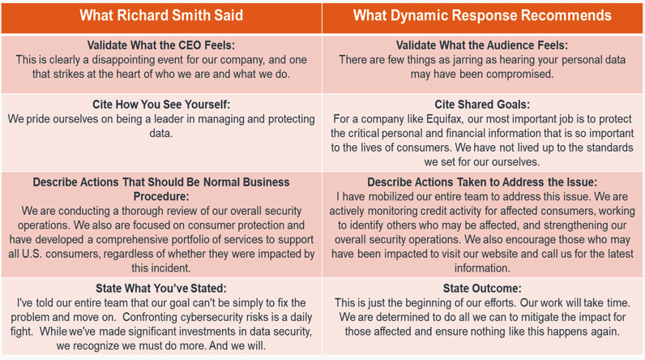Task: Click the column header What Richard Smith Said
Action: (161, 15)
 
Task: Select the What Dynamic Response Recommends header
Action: (482, 15)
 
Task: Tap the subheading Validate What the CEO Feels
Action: (160, 45)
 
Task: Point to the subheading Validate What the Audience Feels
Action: (481, 45)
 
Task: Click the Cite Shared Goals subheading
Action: (482, 105)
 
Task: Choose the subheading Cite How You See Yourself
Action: (160, 105)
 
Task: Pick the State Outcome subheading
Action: (482, 289)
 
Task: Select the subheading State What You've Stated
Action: (160, 289)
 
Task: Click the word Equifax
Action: (445, 119)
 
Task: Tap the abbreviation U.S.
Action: (32, 254)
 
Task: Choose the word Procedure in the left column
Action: (161, 197)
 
